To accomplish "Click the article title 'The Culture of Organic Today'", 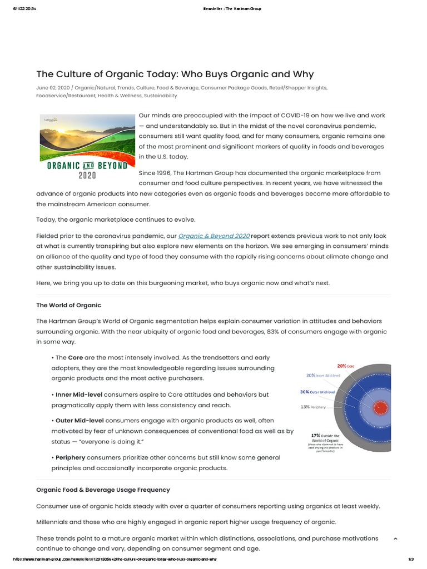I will point(175,74).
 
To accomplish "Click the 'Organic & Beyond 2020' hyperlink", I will point(213,236).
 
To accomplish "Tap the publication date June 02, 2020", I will point(53,88).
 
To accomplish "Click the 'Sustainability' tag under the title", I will point(160,96).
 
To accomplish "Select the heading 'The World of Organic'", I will point(68,305).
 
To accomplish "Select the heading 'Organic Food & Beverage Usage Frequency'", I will point(103,490).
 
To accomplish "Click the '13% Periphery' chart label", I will point(312,407).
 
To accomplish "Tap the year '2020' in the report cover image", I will point(87,175).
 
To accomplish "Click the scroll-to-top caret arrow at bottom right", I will point(395,539).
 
